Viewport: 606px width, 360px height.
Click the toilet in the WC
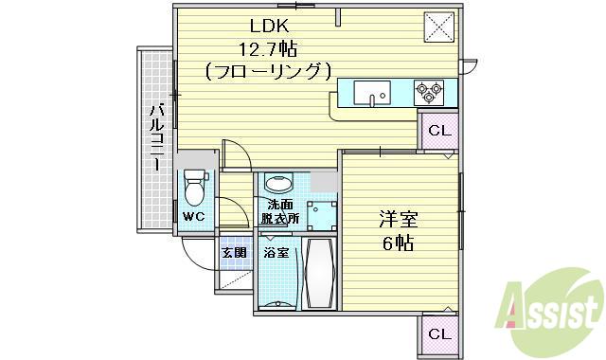[195, 188]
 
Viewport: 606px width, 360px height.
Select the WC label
[195, 217]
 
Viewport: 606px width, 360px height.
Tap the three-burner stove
[428, 92]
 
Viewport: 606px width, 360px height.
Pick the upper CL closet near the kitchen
[438, 131]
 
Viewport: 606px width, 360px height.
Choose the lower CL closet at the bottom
[438, 333]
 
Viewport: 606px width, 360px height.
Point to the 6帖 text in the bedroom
[399, 243]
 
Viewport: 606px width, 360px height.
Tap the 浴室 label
[276, 253]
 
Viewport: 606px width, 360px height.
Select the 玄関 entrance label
[235, 253]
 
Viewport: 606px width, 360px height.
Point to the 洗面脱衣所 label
[280, 211]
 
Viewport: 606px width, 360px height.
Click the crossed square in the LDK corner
[438, 26]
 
